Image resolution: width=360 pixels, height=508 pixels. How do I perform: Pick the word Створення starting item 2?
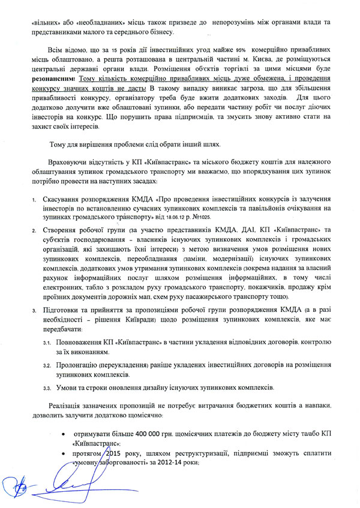coord(59,230)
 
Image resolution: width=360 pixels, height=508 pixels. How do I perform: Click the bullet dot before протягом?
coord(64,455)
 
